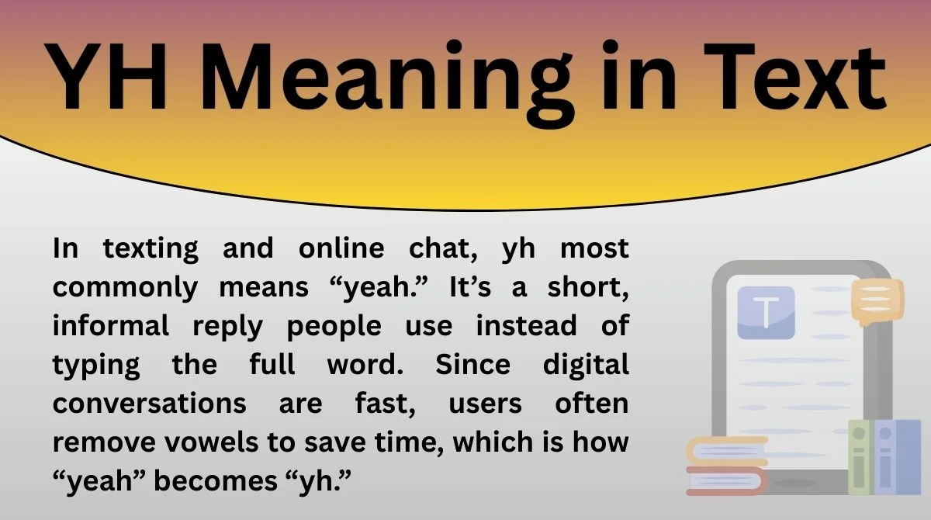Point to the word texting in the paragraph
tap(151, 249)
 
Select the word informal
tap(111, 327)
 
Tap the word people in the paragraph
tap(334, 327)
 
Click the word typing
tap(96, 366)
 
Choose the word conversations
tap(150, 404)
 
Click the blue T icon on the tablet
tap(766, 313)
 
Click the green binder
tap(860, 457)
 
